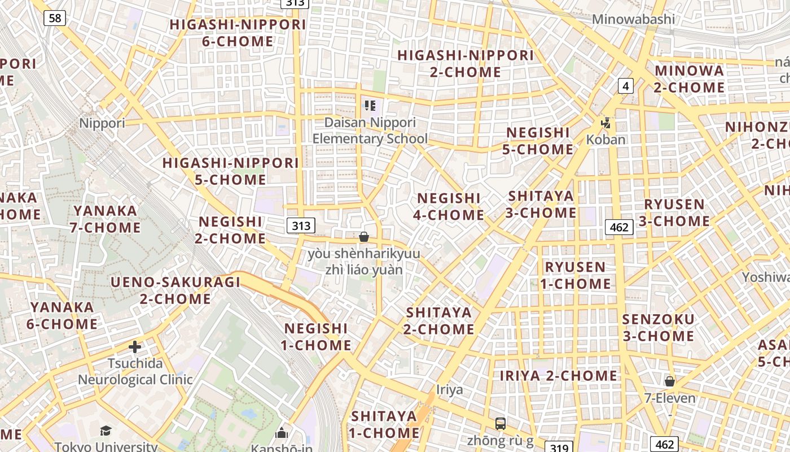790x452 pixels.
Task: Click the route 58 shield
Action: point(55,18)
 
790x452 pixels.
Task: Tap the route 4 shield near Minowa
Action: point(625,86)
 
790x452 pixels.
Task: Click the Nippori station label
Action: point(102,123)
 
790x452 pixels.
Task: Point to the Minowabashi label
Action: point(633,19)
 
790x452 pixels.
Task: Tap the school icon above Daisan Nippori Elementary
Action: point(370,106)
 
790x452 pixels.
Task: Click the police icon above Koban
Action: point(606,123)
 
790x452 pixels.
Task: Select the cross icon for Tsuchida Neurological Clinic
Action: point(135,347)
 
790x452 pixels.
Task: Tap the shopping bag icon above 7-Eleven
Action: point(670,381)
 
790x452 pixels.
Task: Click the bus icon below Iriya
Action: point(500,423)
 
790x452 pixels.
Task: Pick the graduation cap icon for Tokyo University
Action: point(106,431)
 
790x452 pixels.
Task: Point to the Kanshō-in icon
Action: point(281,433)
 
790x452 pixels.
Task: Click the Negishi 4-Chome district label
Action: point(449,207)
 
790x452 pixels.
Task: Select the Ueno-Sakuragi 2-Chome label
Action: point(175,290)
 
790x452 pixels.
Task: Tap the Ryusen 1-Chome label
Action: point(576,275)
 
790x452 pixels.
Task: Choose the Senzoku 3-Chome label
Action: point(658,328)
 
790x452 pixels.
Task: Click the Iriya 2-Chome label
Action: point(559,376)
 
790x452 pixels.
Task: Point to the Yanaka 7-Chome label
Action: point(105,219)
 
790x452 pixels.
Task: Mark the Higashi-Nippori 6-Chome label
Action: point(238,33)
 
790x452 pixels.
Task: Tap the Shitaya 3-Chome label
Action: point(541,205)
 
